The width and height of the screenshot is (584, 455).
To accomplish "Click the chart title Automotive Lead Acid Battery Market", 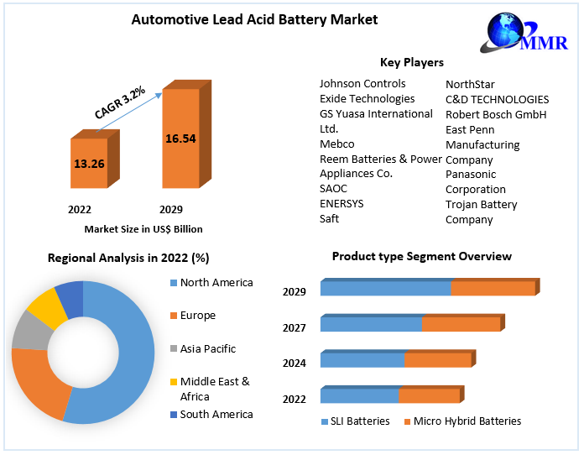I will (x=242, y=19).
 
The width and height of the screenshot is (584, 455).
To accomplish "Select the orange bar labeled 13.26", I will (x=89, y=163).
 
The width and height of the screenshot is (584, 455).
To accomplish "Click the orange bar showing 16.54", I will (x=180, y=139).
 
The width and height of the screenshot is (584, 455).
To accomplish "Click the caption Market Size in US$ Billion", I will (x=143, y=228).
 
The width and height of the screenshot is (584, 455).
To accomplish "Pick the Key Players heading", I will (x=411, y=62).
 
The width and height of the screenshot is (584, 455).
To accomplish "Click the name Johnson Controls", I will (x=362, y=84).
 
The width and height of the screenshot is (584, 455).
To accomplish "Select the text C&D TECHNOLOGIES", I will (x=497, y=99).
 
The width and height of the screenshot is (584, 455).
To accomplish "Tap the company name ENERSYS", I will (x=342, y=203).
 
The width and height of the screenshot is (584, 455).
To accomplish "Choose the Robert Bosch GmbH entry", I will (x=496, y=114).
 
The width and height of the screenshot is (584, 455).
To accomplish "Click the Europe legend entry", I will (x=197, y=316).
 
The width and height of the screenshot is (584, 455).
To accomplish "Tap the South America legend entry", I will (x=216, y=414).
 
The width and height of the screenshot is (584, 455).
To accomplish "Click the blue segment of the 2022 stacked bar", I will (x=359, y=395).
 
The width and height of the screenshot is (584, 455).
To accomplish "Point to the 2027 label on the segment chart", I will (x=295, y=327).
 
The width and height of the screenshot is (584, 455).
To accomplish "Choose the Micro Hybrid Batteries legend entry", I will (x=467, y=421).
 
